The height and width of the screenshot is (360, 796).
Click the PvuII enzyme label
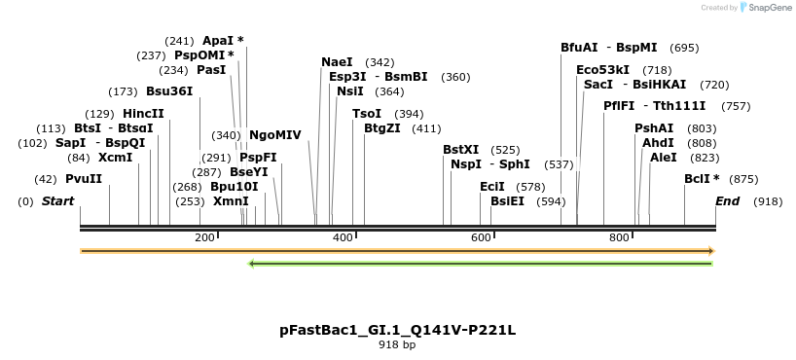(84, 179)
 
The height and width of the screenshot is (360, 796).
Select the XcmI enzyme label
(115, 158)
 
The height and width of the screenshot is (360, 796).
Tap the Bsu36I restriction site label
(169, 91)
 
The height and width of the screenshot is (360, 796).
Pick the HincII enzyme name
(143, 114)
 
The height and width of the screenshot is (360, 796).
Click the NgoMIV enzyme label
(275, 135)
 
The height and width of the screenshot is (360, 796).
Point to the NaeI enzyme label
(337, 62)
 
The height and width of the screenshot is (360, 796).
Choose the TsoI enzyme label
(367, 114)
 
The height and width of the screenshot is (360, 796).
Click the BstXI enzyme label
(461, 150)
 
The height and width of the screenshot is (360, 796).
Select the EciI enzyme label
(492, 186)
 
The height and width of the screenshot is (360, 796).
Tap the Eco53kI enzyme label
(602, 70)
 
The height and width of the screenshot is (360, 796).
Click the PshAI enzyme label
(654, 128)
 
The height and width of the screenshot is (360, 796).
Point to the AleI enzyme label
(663, 158)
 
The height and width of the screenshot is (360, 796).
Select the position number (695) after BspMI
(685, 48)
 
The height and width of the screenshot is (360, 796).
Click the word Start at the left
(57, 201)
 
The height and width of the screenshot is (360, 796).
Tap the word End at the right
(727, 201)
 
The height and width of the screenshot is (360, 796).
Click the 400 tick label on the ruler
(343, 238)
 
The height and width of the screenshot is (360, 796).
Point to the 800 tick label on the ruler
(619, 238)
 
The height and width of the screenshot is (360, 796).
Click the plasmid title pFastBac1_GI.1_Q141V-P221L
(397, 330)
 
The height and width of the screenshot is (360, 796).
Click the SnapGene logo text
(769, 8)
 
